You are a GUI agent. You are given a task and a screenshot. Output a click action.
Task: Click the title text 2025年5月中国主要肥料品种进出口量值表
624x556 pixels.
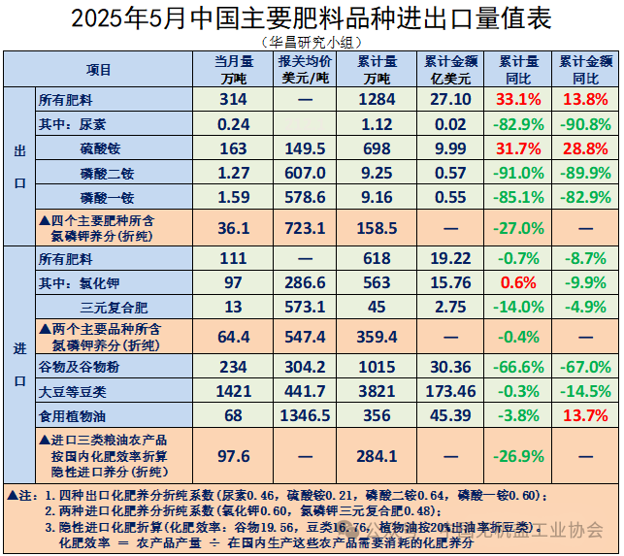(x=311, y=18)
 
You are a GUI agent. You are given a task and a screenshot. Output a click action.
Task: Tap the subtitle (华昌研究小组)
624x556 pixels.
(x=311, y=42)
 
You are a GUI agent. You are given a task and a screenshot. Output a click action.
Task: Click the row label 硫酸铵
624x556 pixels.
(x=101, y=148)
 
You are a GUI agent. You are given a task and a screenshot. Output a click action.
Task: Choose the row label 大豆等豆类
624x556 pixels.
(x=72, y=391)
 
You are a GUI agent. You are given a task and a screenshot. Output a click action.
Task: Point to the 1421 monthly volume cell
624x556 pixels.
(x=234, y=391)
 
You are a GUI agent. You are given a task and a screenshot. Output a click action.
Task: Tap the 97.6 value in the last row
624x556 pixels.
(x=234, y=456)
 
